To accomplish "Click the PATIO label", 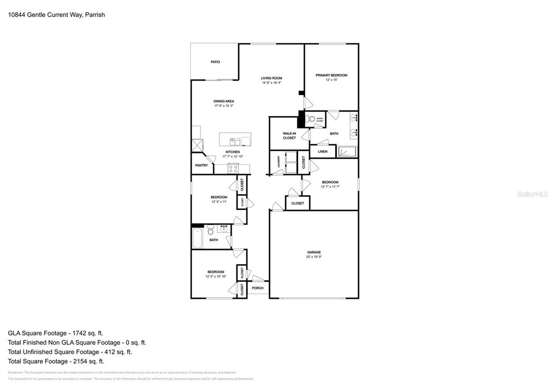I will pyautogui.click(x=215, y=62).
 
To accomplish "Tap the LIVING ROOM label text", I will pyautogui.click(x=271, y=78).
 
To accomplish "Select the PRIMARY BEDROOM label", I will pyautogui.click(x=331, y=75).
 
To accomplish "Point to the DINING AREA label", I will pyautogui.click(x=224, y=101).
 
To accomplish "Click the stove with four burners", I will pyautogui.click(x=233, y=168).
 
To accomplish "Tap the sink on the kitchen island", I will pyautogui.click(x=235, y=141).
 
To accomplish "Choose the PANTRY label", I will pyautogui.click(x=202, y=165).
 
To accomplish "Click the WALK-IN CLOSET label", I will pyautogui.click(x=289, y=136).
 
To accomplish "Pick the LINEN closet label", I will pyautogui.click(x=322, y=152).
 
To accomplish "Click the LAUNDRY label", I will pyautogui.click(x=279, y=162).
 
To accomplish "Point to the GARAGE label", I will pyautogui.click(x=314, y=252).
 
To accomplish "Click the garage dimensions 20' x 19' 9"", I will pyautogui.click(x=314, y=257).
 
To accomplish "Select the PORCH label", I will pyautogui.click(x=258, y=288).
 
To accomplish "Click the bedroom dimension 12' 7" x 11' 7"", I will pyautogui.click(x=330, y=187).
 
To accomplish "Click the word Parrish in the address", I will pyautogui.click(x=95, y=15).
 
